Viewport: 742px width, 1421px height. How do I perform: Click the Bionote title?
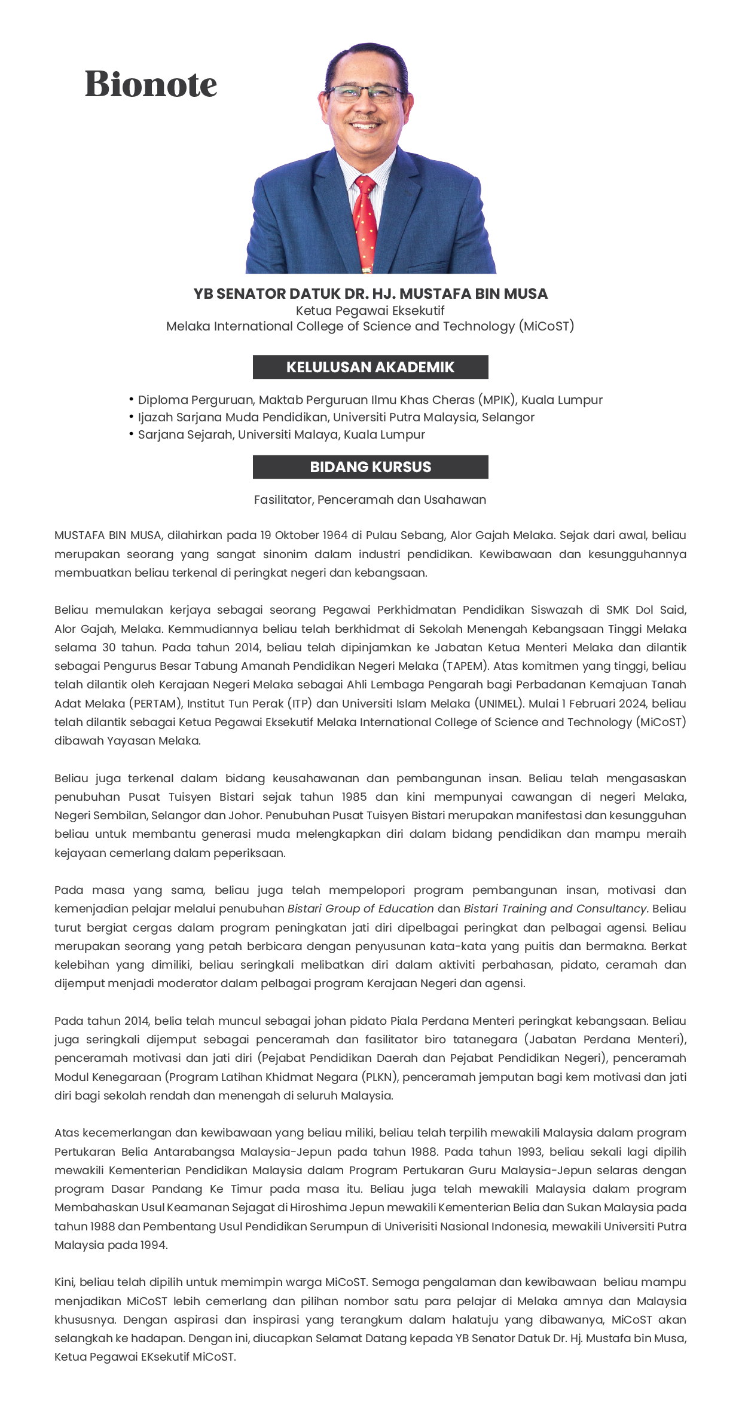(x=151, y=84)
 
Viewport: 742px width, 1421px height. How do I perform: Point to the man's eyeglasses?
(x=366, y=93)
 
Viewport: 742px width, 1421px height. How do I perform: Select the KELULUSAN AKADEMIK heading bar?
(x=370, y=367)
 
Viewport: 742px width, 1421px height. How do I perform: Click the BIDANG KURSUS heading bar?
(x=370, y=467)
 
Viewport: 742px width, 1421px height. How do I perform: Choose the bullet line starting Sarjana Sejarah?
(x=281, y=434)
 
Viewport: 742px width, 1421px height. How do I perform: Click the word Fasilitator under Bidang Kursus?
(x=283, y=500)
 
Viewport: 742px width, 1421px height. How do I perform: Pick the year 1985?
(x=354, y=797)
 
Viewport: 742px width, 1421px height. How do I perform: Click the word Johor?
(x=246, y=815)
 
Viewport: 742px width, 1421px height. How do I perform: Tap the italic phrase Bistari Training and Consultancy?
(x=556, y=908)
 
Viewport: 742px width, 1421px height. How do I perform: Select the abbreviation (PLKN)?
(x=380, y=1077)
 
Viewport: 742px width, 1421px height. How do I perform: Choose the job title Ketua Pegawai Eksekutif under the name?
(x=370, y=311)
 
